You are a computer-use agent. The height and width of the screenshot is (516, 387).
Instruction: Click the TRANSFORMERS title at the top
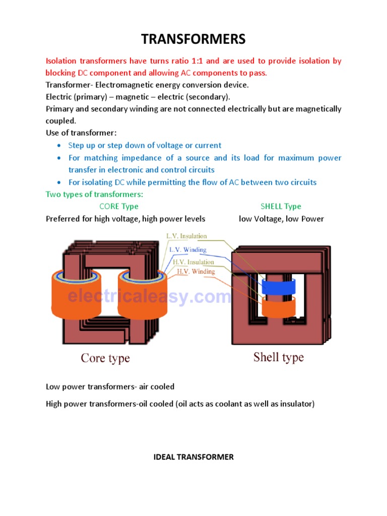point(193,39)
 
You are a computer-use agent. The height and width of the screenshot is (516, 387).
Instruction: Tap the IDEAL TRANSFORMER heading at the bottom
point(193,457)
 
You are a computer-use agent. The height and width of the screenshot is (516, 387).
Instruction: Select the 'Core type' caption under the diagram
point(105,358)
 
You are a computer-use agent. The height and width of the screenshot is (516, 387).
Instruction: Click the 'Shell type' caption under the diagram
point(278,357)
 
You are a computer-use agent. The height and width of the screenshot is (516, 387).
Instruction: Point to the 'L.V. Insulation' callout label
point(186,236)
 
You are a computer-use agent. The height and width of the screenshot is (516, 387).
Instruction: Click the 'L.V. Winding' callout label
point(187,249)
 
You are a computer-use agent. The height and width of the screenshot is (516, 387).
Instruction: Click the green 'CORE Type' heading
point(119,206)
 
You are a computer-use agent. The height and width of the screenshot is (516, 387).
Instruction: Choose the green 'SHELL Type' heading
point(281,206)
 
